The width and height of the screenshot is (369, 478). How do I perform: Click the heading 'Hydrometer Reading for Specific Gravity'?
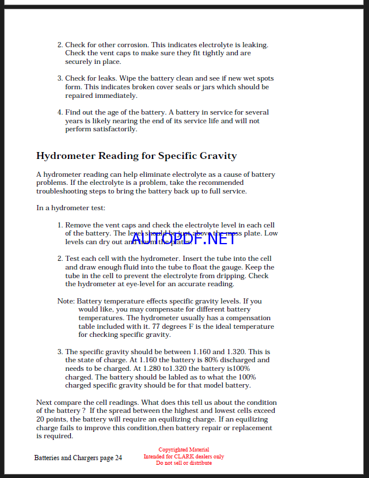[x=136, y=156]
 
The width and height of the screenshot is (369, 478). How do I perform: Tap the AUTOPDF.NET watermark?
[x=182, y=238]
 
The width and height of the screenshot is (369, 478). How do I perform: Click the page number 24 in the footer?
[x=118, y=458]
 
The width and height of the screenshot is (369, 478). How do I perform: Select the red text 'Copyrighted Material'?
[x=184, y=450]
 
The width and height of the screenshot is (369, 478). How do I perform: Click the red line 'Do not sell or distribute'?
[x=184, y=463]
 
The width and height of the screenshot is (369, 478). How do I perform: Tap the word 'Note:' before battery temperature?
[x=66, y=301]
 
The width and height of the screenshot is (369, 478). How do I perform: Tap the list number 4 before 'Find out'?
[x=60, y=112]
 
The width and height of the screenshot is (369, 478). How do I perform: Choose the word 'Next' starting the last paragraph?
[x=44, y=403]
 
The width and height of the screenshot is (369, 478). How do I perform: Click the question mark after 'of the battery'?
[x=84, y=411]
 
